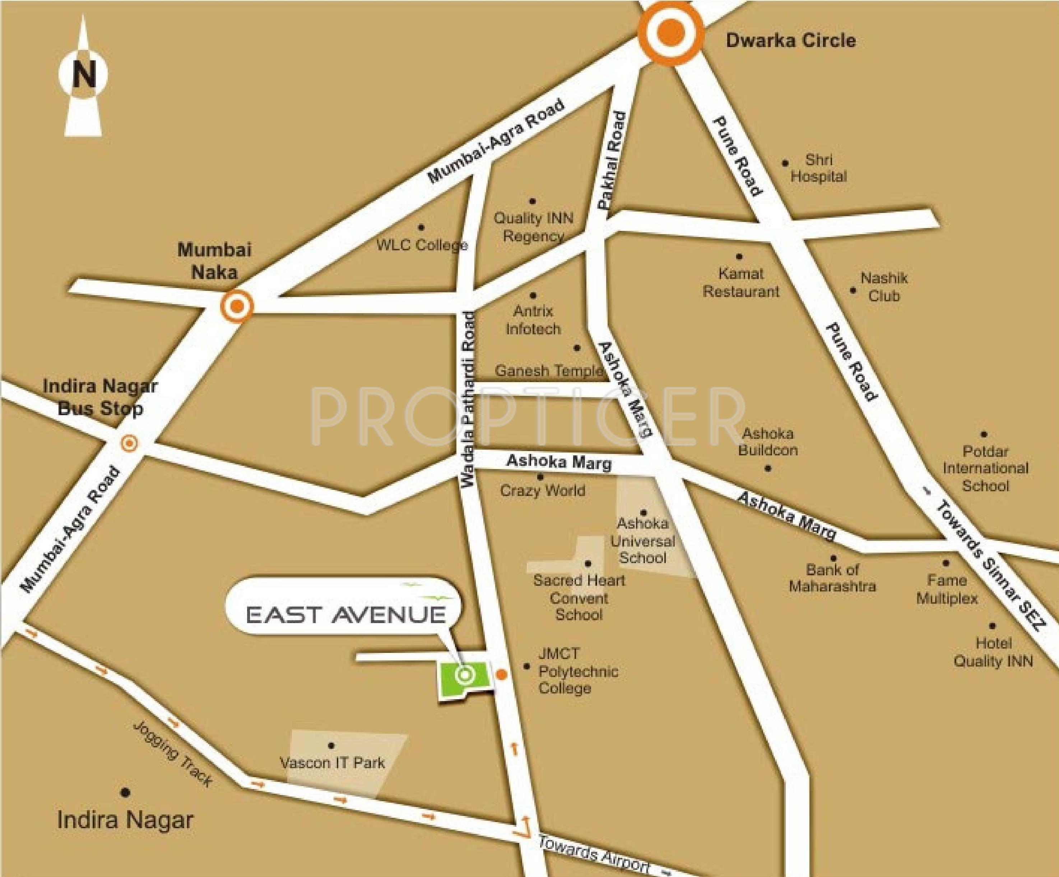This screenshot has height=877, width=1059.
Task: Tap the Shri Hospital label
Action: (818, 168)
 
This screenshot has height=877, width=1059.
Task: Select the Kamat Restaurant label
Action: (741, 282)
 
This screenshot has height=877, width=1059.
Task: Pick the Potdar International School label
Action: (985, 469)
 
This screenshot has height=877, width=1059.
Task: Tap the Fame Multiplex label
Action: (947, 589)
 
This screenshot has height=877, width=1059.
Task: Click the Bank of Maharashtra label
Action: (832, 578)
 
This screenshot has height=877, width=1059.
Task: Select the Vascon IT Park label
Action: (332, 762)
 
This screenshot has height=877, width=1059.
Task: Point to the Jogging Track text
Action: (172, 753)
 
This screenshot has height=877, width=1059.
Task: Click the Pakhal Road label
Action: (611, 161)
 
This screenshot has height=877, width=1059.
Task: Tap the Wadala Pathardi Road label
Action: (469, 399)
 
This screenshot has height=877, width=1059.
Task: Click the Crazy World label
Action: (543, 490)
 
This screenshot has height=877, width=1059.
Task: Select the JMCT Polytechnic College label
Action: (578, 671)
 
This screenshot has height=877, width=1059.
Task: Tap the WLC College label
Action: (422, 245)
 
